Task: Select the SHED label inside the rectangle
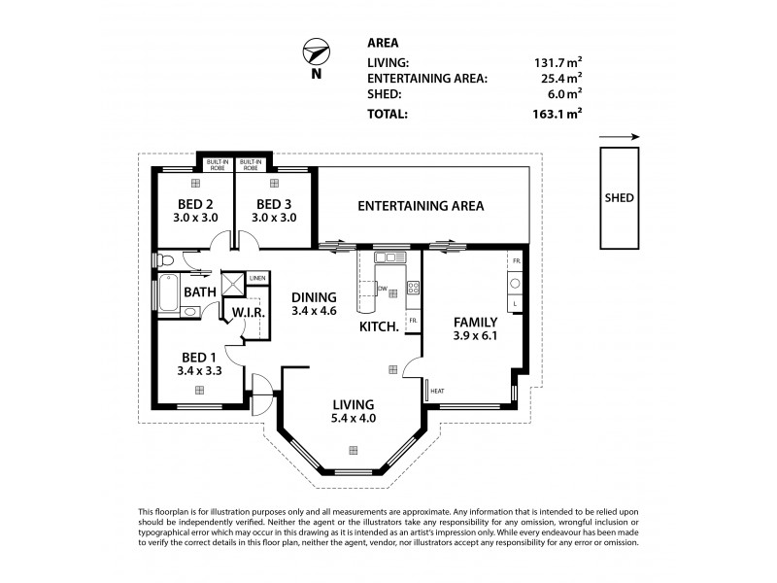point(619,197)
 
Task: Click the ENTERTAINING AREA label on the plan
point(421,206)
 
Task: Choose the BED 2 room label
point(195,204)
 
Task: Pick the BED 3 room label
point(273,204)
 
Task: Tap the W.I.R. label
point(240,313)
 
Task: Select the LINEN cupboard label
point(256,279)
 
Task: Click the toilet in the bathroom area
point(168,259)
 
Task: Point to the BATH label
point(200,291)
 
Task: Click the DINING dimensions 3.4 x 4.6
point(313,312)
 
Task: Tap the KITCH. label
point(379,327)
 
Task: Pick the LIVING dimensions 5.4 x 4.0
point(354,419)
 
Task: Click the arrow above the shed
point(618,137)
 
